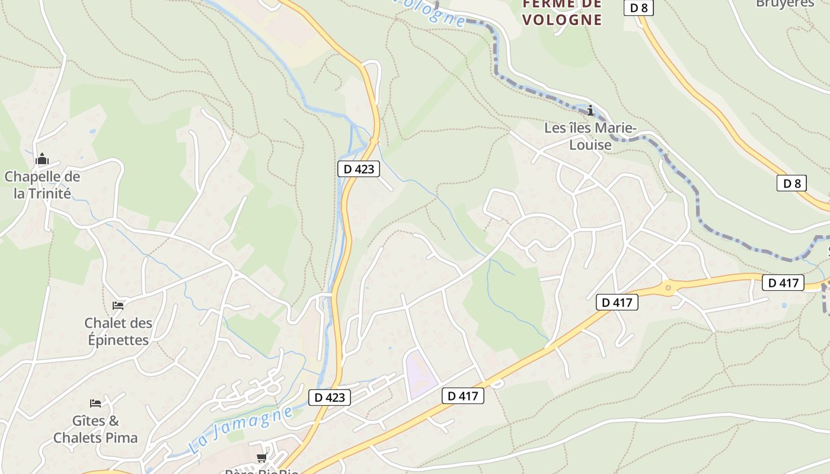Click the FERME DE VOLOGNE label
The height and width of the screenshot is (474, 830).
tap(562, 12)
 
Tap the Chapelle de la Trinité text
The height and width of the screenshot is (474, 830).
tap(42, 185)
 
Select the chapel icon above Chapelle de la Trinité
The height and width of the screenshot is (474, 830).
tap(42, 159)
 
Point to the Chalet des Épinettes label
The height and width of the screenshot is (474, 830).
tap(118, 331)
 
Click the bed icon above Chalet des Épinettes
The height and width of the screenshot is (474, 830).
tap(118, 306)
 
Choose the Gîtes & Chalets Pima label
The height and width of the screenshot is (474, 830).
tap(95, 430)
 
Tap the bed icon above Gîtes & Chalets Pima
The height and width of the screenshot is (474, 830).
tap(95, 403)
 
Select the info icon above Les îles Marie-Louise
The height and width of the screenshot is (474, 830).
tap(590, 111)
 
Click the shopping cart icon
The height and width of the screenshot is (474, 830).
tap(261, 458)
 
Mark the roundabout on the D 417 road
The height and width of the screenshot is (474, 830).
tap(669, 288)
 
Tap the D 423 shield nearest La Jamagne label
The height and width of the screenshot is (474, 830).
tap(330, 397)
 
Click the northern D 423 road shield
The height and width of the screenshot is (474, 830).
tap(359, 169)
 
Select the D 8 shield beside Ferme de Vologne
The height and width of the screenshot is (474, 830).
tap(639, 8)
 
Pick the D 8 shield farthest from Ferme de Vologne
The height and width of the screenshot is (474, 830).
tap(791, 183)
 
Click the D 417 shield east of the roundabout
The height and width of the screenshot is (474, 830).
tap(783, 283)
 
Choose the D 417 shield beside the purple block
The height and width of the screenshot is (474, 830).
tap(463, 396)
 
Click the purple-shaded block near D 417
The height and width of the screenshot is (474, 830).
tap(420, 374)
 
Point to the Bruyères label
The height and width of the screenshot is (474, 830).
tap(785, 4)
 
